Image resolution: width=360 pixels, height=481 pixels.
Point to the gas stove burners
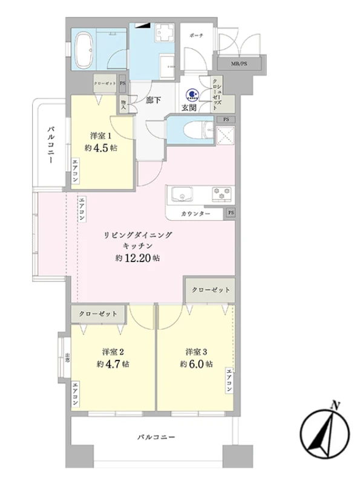[x=220, y=194]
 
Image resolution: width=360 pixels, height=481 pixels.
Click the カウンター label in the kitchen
[x=195, y=214]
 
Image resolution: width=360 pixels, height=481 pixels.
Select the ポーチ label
[x=195, y=35]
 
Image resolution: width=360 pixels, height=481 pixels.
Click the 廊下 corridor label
[x=153, y=100]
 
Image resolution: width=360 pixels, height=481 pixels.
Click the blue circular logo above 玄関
[x=191, y=94]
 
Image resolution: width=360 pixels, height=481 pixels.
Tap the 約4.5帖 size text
[x=99, y=148]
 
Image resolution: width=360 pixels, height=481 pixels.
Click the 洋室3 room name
[x=196, y=352]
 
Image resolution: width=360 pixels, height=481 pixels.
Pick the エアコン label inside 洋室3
[x=229, y=381]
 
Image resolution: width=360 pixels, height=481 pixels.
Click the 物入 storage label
[x=123, y=104]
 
